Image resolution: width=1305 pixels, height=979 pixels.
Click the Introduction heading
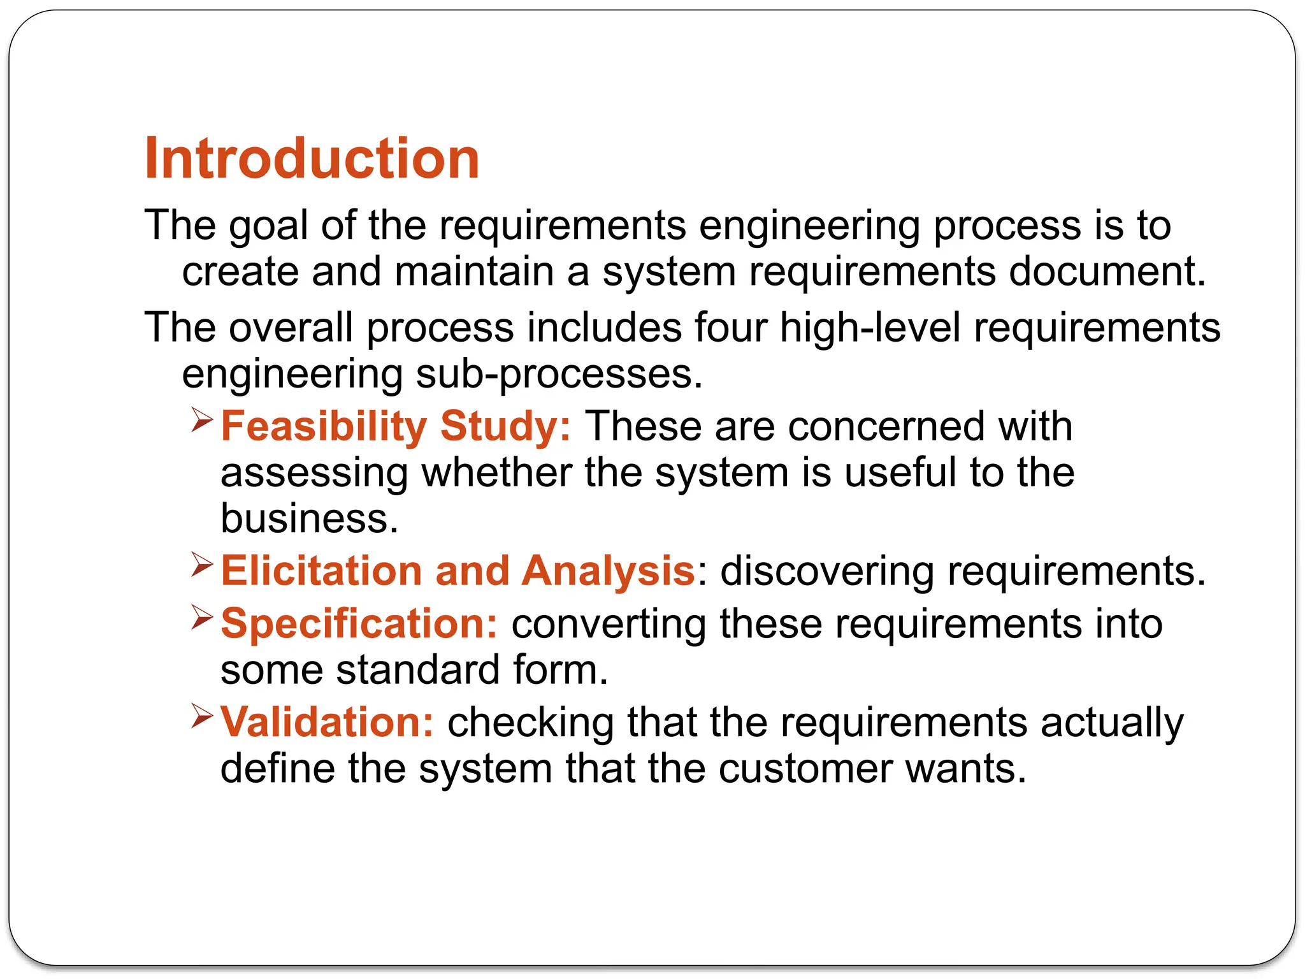312,159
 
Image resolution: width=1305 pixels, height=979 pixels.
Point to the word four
730,328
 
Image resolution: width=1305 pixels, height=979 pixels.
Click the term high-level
870,328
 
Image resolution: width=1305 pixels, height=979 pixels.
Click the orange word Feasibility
324,426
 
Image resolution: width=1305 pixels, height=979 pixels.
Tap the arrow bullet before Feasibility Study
201,420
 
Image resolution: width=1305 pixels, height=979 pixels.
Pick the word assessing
314,473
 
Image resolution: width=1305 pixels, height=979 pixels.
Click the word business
309,519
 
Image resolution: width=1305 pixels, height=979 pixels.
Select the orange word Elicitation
322,570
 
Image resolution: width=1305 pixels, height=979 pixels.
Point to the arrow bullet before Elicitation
201,565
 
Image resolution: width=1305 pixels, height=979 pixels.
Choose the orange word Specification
359,623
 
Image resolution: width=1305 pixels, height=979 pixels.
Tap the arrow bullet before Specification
201,617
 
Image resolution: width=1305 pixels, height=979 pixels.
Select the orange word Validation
327,722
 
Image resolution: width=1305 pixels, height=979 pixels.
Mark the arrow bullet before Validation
201,716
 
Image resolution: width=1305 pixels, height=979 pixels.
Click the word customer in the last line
805,769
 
